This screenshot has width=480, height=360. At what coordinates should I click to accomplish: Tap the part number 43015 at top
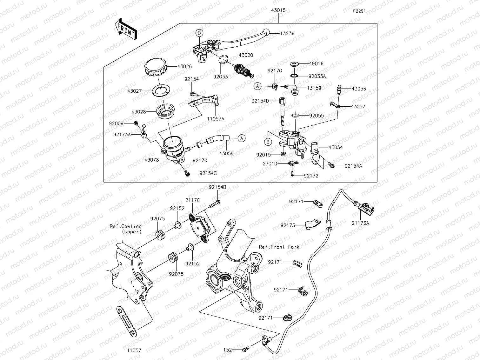(278, 10)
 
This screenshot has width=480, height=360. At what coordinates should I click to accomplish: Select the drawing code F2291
(359, 11)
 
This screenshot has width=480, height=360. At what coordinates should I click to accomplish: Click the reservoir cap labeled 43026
(156, 67)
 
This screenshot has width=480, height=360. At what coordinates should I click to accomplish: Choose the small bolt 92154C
(187, 173)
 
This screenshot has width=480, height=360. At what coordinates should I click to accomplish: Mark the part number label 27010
(270, 164)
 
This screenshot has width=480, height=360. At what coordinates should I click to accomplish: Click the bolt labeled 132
(245, 350)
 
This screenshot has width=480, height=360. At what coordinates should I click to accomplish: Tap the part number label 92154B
(217, 187)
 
